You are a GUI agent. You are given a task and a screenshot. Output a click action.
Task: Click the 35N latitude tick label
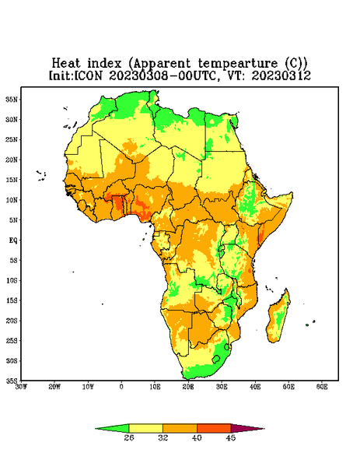coord(12,99)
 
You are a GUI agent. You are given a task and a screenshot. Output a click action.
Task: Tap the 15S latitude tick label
coord(12,300)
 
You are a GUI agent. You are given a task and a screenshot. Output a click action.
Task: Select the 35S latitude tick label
coord(12,381)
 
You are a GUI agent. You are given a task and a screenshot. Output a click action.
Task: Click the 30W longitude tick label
coord(21,387)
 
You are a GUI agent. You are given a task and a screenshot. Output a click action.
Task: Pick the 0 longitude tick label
coord(121,387)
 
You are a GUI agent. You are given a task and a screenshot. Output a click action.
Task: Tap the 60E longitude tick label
coord(322,387)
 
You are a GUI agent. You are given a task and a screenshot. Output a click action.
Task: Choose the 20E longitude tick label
coord(188,387)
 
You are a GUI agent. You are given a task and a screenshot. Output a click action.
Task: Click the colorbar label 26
coord(129,437)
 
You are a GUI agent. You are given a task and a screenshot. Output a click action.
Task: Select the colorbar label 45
coord(231,437)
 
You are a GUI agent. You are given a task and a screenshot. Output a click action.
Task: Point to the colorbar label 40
coord(197,437)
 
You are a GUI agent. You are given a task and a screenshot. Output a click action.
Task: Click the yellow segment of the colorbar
coord(145,428)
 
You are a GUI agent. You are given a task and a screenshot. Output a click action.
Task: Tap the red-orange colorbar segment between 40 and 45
coord(214,428)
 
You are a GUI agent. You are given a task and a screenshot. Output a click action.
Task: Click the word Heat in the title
coord(66,64)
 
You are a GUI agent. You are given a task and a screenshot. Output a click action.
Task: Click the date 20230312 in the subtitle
coord(281,75)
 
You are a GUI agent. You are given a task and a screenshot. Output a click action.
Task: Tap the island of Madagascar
coord(280,318)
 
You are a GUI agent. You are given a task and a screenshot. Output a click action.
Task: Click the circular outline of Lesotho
coord(216,359)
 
